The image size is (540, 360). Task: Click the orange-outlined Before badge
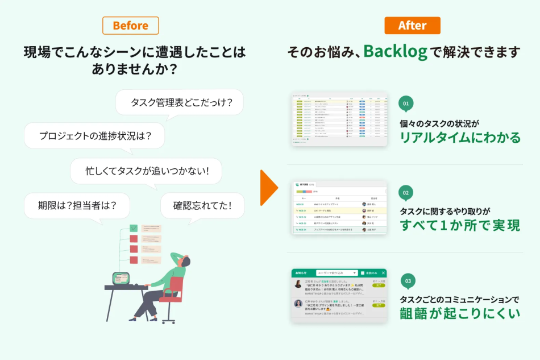coord(130,26)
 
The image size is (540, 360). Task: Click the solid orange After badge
coord(412,26)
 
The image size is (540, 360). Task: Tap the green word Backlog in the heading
coord(395,52)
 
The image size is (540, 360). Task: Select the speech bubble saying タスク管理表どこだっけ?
coord(179,102)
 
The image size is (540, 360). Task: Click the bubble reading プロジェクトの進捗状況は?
coord(94,135)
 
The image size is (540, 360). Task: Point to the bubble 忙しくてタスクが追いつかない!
coord(146,170)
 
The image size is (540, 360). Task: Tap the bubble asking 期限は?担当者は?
coord(77,205)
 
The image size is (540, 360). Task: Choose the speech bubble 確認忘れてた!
coord(202,205)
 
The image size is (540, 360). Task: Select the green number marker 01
coord(406,104)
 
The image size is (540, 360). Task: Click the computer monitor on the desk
coord(122,278)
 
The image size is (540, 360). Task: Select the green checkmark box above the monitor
coord(134,228)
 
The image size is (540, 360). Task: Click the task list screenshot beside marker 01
coord(339,119)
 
